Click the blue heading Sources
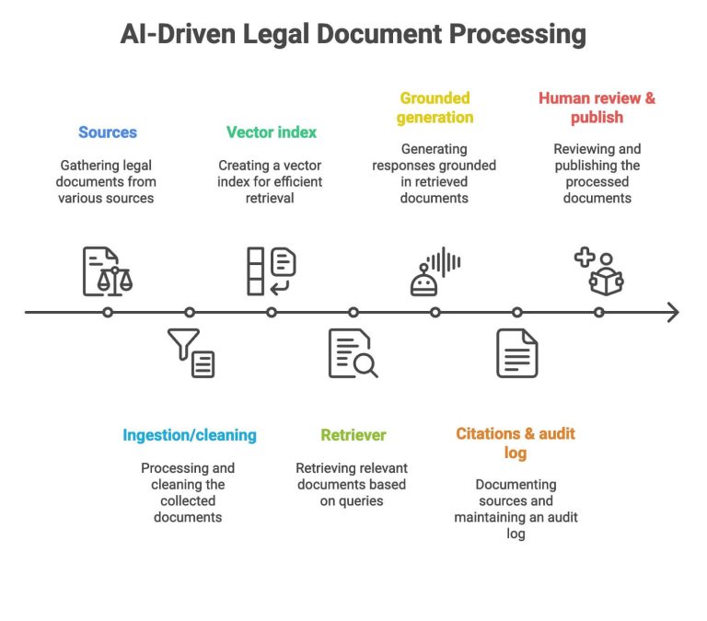point(108,132)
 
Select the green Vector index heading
point(272,132)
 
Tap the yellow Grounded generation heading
point(435,108)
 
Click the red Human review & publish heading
point(597,108)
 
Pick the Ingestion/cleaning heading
point(189,435)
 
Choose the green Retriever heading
point(353,435)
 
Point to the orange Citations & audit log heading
point(516,443)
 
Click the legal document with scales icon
point(108,271)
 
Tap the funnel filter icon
point(191,353)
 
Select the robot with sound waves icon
point(435,271)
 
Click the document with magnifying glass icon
point(353,353)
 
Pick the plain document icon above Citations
point(516,353)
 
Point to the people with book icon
point(598,271)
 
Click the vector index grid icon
point(271,271)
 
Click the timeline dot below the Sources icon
point(108,313)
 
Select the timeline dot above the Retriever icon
point(353,313)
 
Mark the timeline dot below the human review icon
point(598,313)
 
